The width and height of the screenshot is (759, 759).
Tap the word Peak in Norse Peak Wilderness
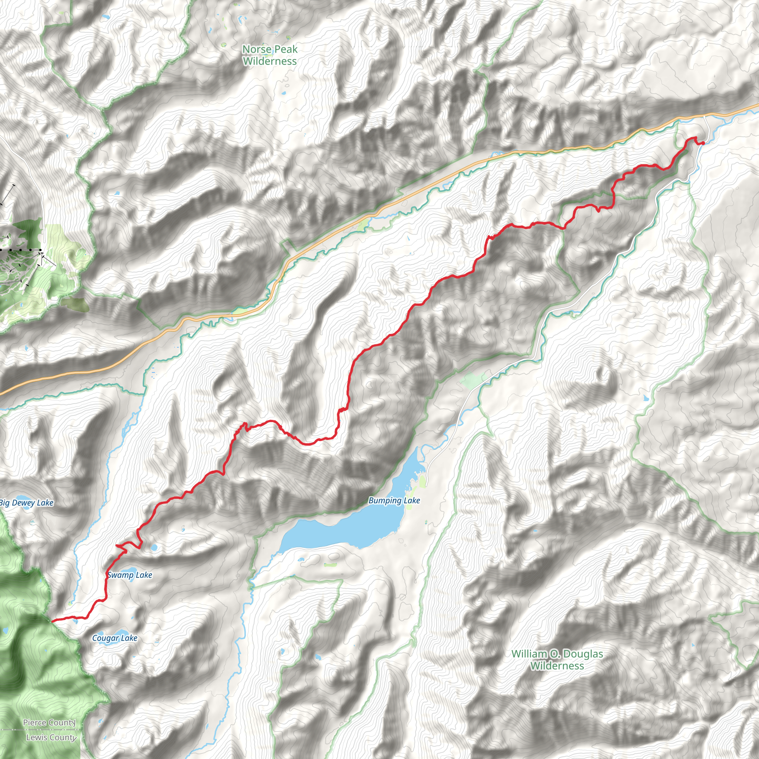click(x=284, y=50)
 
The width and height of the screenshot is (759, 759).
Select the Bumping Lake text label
click(x=394, y=500)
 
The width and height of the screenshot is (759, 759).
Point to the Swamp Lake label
click(x=130, y=575)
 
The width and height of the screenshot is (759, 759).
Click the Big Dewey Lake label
click(x=26, y=503)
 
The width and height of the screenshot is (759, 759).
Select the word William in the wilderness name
click(x=529, y=654)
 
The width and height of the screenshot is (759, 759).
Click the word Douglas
click(x=583, y=654)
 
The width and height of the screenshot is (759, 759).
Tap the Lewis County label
click(x=51, y=738)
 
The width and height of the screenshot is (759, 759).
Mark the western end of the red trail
click(x=52, y=621)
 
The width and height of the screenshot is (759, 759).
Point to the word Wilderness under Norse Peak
click(x=270, y=61)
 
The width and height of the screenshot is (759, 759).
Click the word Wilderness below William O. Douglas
click(x=557, y=666)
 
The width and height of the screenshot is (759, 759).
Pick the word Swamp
click(x=120, y=575)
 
